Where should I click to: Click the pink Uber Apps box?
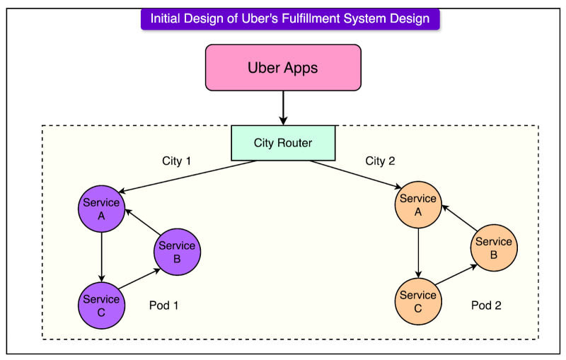coord(283,68)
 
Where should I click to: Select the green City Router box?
coord(283,143)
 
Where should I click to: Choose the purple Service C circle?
coord(101,306)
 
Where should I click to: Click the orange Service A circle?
coord(418,205)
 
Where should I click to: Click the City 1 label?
coord(177,161)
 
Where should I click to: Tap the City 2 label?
coord(381,161)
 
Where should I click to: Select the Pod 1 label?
coord(164,306)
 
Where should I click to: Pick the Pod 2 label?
coord(486,306)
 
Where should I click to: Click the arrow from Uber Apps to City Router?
coord(283,108)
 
